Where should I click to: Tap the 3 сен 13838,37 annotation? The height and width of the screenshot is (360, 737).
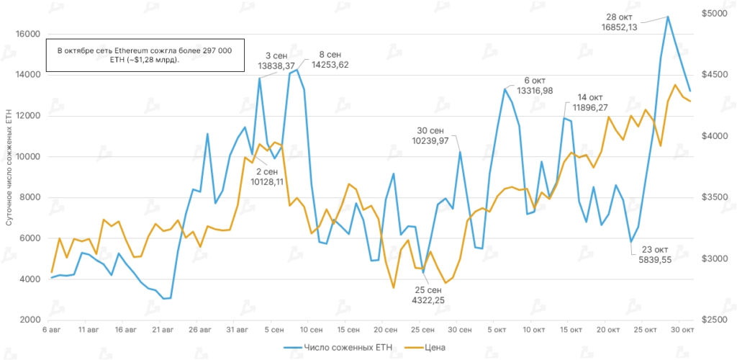pos(278,60)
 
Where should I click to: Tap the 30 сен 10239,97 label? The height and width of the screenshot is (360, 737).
pos(430,135)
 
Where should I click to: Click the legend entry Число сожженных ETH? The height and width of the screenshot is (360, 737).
pos(345,348)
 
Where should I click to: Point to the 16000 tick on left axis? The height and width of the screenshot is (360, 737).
pos(27,34)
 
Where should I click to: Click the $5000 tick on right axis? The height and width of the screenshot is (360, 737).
pos(713,14)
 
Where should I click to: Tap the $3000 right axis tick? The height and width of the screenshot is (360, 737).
pos(713,258)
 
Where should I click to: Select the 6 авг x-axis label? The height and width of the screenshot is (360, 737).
pos(52,330)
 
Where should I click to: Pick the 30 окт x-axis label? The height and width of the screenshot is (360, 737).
pos(682,330)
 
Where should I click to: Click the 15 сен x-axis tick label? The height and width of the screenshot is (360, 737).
pos(348,330)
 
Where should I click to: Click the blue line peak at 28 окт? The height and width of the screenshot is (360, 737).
pos(668,17)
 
